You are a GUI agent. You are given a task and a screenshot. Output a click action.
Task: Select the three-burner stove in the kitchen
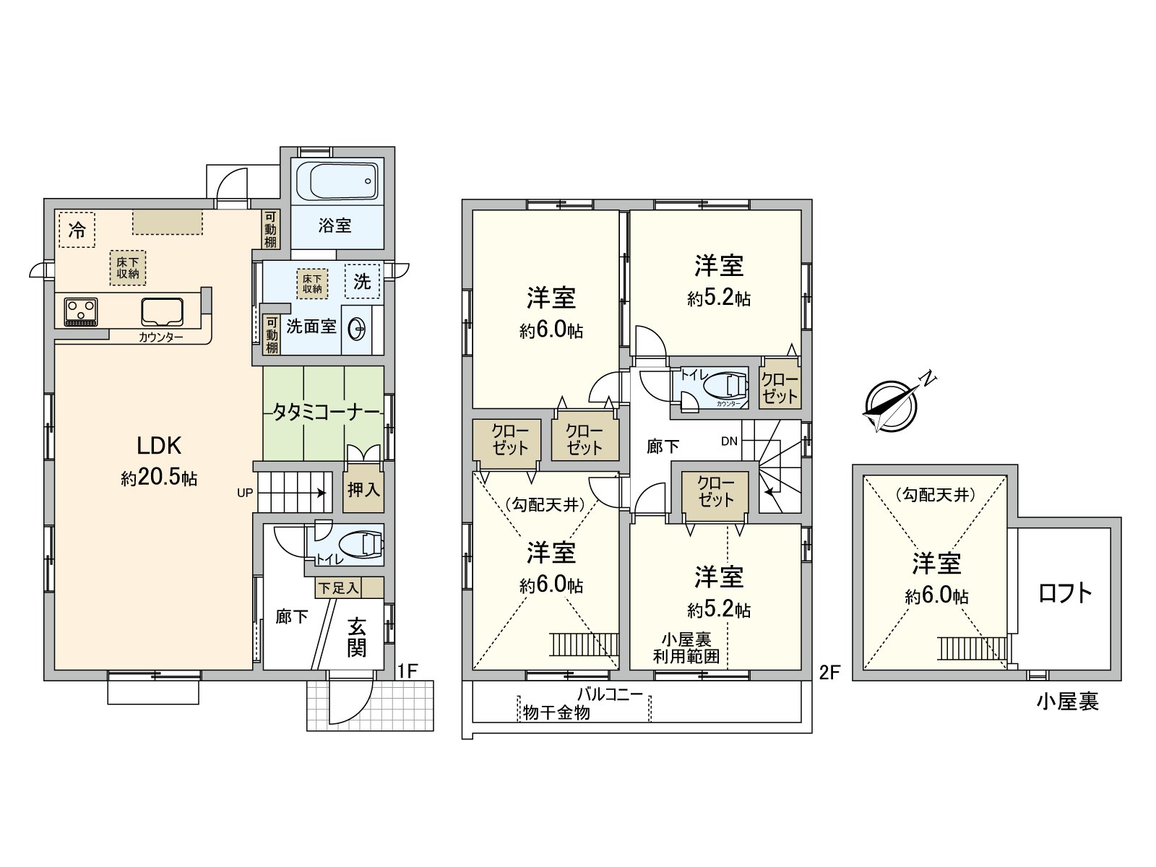pos(81,311)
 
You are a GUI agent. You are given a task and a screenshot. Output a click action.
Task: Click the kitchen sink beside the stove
pos(163,312)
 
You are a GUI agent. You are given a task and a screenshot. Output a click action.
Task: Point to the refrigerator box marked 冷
pos(77,230)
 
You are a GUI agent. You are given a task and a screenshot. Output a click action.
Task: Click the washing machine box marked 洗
pos(362,281)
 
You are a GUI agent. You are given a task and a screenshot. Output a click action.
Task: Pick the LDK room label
pos(159,445)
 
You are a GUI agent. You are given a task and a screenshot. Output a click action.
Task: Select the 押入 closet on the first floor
pos(363,490)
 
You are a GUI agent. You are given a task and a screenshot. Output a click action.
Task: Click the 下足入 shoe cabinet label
pos(338,588)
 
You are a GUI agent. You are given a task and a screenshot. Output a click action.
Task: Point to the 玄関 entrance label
pos(357,637)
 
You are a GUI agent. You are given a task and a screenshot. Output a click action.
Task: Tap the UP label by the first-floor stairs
pos(245,493)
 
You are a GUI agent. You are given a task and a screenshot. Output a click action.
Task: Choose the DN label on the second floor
pos(729,441)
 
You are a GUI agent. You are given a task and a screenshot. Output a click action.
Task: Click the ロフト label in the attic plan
pos(1065,594)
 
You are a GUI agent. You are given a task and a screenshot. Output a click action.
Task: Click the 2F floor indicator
pos(829,673)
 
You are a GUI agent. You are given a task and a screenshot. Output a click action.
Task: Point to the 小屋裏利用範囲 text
pos(686,648)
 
